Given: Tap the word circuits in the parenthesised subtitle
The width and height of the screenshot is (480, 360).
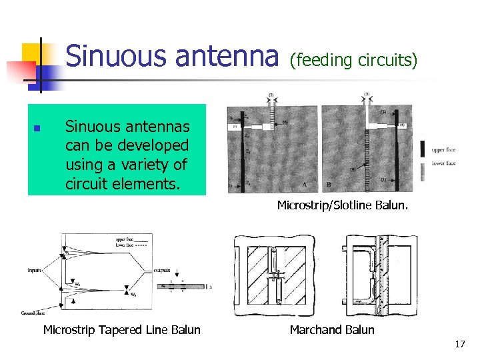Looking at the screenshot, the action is (387, 61).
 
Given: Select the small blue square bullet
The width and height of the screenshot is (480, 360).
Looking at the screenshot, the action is (38, 127).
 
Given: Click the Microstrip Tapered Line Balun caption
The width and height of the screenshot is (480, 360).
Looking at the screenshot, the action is (121, 329).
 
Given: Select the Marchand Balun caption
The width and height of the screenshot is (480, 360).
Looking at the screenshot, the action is (332, 329).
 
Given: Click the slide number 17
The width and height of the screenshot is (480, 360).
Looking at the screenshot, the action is (459, 345).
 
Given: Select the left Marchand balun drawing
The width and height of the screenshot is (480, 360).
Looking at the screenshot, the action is (274, 275).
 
